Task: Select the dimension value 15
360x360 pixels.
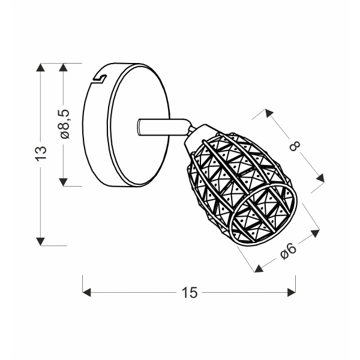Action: click(190, 293)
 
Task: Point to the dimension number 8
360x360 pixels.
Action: click(295, 146)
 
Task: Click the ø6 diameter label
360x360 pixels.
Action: click(288, 251)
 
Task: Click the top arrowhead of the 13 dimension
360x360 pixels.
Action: click(41, 67)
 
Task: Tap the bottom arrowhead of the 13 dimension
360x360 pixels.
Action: click(41, 241)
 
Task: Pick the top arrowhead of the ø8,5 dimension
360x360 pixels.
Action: click(64, 67)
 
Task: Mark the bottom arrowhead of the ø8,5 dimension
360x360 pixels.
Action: click(64, 182)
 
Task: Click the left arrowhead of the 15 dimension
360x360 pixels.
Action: click(86, 293)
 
